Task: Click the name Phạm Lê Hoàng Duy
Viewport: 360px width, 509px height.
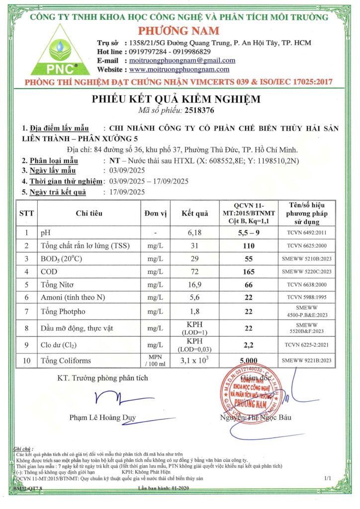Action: (x=102, y=418)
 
